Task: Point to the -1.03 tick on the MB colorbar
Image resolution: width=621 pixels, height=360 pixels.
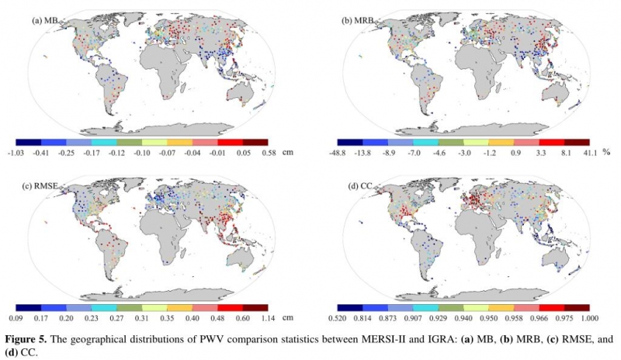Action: tap(16, 153)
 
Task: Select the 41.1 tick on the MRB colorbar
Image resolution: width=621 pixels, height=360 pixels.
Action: tap(590, 153)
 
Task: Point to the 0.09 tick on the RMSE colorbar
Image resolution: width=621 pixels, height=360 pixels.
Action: tap(16, 317)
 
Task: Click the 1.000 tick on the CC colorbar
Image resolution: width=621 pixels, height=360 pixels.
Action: tap(590, 317)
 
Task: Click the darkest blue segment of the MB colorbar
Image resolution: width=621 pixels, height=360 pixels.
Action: tap(29, 143)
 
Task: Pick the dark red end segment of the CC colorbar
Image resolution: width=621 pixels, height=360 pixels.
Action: tap(578, 307)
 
